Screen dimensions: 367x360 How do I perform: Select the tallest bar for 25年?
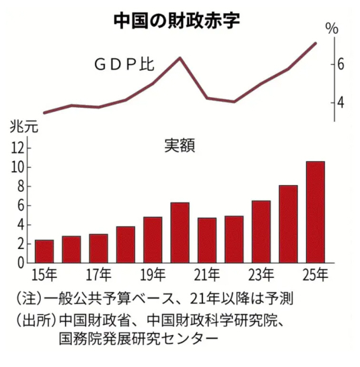click(x=315, y=212)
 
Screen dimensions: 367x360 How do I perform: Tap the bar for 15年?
click(x=44, y=251)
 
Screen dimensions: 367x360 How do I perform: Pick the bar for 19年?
click(x=153, y=240)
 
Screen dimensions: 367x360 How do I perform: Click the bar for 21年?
click(x=207, y=240)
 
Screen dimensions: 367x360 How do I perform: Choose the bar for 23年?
click(x=261, y=232)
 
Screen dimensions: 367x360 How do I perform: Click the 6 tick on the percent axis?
click(x=340, y=64)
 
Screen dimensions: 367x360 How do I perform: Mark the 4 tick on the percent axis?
click(x=340, y=102)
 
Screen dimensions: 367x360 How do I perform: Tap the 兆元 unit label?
click(x=22, y=128)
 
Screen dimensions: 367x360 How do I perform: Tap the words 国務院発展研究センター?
click(x=139, y=339)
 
